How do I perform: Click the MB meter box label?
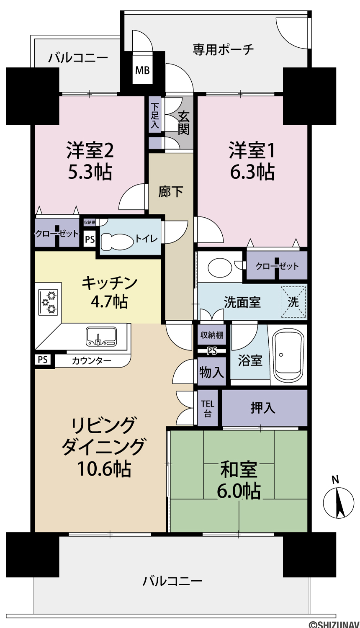[x=142, y=70]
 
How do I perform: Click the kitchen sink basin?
[x=101, y=336]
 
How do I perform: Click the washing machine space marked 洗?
[x=293, y=302]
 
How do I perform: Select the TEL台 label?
[x=208, y=409]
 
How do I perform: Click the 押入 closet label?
[x=263, y=408]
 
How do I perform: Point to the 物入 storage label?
[x=212, y=372]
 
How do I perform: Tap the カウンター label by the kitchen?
[x=92, y=360]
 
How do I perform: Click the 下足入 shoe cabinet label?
[x=154, y=116]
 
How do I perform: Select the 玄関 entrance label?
[x=183, y=123]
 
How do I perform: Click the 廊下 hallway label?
[x=171, y=192]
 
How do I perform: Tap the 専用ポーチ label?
[x=223, y=50]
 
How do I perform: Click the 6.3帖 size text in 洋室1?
[x=252, y=172]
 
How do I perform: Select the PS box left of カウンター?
[x=43, y=359]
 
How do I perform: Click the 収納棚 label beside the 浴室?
[x=212, y=335]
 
